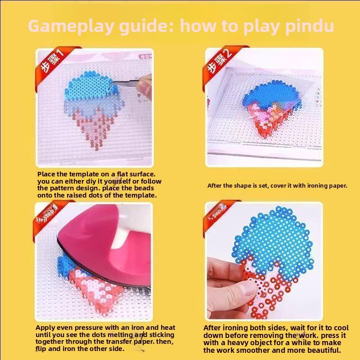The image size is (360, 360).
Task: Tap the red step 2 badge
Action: [x=219, y=63]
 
